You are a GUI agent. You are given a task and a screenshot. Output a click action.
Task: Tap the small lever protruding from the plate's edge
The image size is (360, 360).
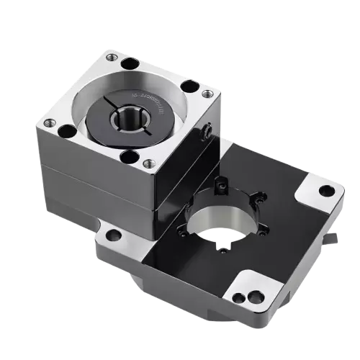click(332, 238)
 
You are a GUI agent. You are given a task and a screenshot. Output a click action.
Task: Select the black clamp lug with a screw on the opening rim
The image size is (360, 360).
click(220, 183)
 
